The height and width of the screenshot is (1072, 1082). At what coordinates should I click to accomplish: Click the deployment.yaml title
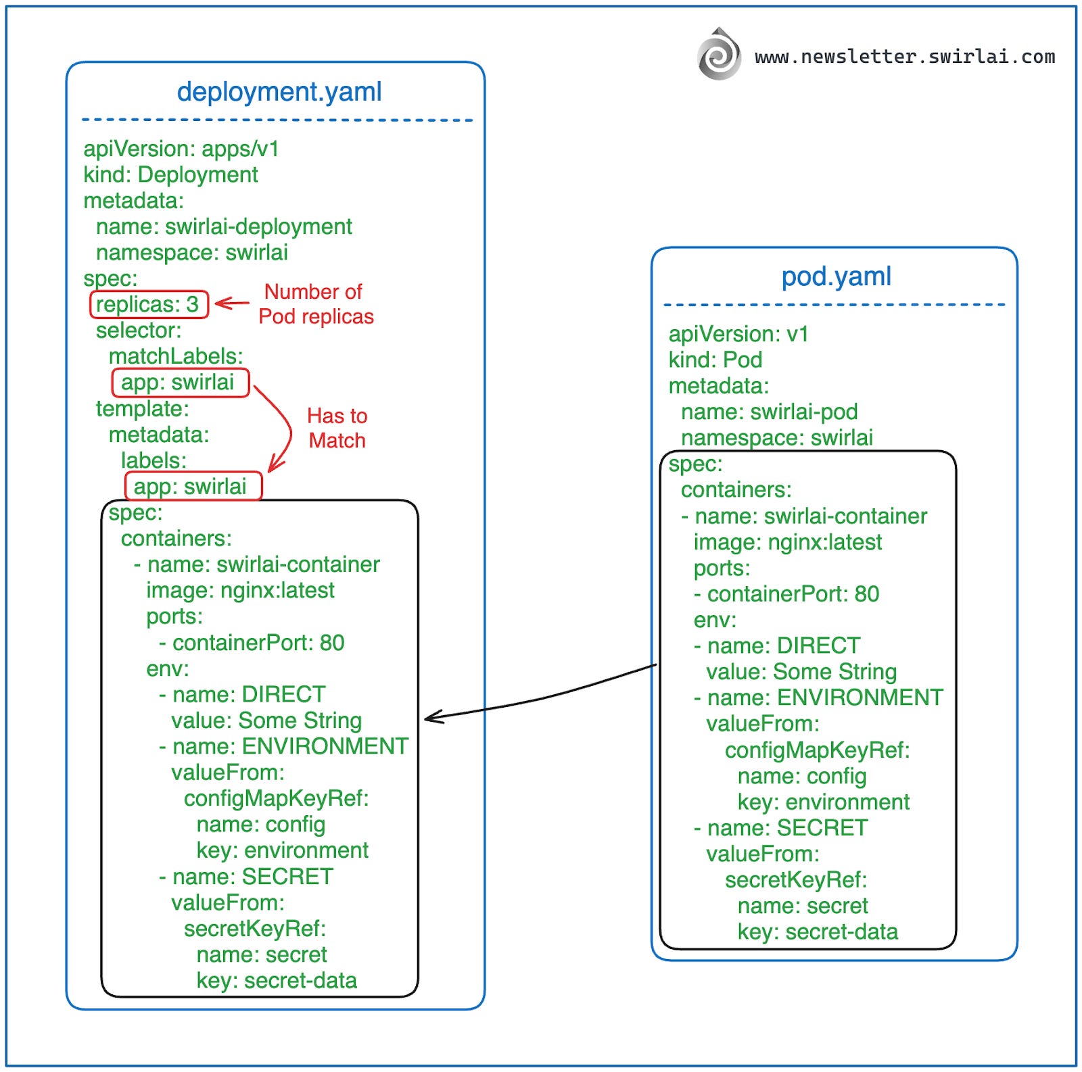click(279, 91)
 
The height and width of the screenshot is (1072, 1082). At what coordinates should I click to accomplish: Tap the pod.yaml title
click(836, 276)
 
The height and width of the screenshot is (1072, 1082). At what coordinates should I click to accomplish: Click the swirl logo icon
click(719, 55)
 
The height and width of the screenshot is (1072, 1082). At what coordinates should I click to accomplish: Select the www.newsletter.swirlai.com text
click(904, 56)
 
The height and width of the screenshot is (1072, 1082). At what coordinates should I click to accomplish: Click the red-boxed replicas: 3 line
click(148, 304)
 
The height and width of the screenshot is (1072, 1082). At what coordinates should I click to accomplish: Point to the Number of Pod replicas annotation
click(315, 304)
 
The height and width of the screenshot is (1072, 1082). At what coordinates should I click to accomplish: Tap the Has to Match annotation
click(337, 428)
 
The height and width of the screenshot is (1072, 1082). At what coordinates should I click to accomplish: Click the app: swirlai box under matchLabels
click(180, 383)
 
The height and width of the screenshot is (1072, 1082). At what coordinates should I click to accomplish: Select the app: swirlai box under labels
click(193, 486)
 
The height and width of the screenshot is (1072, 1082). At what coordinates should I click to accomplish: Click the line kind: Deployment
click(170, 174)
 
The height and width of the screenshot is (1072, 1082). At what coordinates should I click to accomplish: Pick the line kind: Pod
click(715, 360)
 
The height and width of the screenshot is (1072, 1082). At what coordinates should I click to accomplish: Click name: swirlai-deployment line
click(224, 226)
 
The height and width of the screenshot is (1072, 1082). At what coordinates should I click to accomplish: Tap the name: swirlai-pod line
click(769, 412)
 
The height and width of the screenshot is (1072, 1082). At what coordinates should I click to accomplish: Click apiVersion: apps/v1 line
click(181, 149)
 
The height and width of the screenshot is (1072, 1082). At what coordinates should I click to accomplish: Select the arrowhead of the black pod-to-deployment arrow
click(431, 718)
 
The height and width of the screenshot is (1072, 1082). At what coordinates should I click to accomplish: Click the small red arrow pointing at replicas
click(232, 303)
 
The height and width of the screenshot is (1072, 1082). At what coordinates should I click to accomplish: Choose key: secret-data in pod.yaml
click(817, 931)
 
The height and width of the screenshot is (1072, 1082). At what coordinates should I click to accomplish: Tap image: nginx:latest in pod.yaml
click(787, 542)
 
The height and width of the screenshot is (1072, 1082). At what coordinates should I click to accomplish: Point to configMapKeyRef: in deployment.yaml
click(276, 798)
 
